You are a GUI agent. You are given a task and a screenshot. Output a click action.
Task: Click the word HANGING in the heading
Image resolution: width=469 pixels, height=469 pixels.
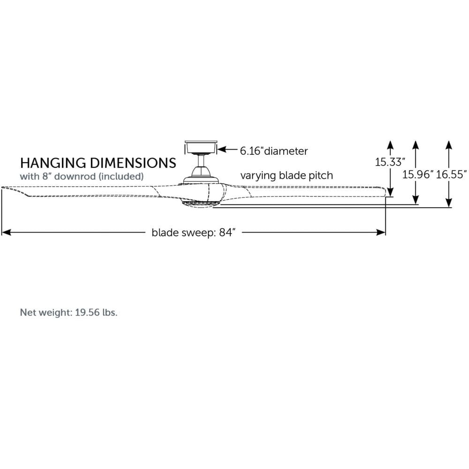point(53,163)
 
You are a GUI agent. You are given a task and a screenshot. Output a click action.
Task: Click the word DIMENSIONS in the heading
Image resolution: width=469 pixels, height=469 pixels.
point(133,163)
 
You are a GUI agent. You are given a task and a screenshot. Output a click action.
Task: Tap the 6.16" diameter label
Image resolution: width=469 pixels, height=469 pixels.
point(274,151)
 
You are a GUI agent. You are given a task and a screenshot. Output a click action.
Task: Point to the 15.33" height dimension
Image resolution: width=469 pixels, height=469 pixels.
point(390,162)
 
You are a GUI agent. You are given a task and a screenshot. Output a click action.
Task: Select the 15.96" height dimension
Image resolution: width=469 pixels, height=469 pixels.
point(417,174)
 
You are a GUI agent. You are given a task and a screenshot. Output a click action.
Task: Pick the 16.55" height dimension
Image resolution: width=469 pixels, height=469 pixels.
point(451,174)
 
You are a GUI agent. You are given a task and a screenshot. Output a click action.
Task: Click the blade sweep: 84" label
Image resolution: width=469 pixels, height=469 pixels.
point(194,233)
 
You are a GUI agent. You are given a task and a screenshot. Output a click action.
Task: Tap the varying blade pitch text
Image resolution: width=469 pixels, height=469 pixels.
point(287,175)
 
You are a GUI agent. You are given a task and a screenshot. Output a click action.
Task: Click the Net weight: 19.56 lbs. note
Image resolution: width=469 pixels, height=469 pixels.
point(68,312)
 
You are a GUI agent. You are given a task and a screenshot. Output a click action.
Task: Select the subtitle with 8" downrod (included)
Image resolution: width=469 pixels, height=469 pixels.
point(82,176)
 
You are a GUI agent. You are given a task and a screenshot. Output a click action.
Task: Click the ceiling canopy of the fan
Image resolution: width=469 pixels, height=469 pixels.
point(201,147)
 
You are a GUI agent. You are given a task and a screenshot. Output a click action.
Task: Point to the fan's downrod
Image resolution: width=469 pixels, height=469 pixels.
point(201,160)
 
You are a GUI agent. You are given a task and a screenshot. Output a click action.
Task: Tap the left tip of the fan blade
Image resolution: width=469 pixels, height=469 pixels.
point(2,188)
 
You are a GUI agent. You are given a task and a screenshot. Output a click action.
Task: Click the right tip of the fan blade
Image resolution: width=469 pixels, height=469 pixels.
point(386,192)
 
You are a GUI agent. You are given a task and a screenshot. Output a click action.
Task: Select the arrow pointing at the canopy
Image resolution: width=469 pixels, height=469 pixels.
point(227,149)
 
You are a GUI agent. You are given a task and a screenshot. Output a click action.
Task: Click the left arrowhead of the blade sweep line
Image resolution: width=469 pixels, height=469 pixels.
point(6,233)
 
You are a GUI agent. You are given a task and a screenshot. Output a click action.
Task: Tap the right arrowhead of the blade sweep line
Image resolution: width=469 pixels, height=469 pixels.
point(381,233)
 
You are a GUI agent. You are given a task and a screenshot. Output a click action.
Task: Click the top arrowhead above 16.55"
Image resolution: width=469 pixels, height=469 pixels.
point(448,145)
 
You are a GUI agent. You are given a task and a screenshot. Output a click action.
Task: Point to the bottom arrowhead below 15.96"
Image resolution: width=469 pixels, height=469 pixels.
point(415,200)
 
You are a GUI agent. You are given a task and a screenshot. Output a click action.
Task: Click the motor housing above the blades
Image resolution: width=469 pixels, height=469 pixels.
point(201,175)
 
